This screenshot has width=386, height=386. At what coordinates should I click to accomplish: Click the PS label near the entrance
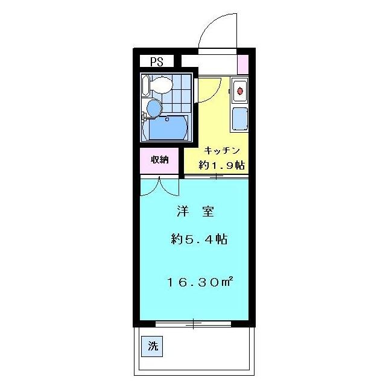(157, 61)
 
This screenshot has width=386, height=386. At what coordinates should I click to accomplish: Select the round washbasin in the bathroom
(154, 109)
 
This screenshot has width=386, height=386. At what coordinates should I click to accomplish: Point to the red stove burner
(239, 92)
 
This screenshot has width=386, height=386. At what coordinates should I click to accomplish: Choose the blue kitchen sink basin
(239, 119)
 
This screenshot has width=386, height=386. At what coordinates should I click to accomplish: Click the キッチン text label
(222, 150)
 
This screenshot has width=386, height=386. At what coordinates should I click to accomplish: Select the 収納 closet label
(160, 160)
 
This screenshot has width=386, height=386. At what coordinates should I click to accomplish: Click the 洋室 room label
(195, 212)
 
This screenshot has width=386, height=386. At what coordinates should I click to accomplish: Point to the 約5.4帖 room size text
(198, 239)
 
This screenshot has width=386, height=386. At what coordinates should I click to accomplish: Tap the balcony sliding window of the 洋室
(193, 324)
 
